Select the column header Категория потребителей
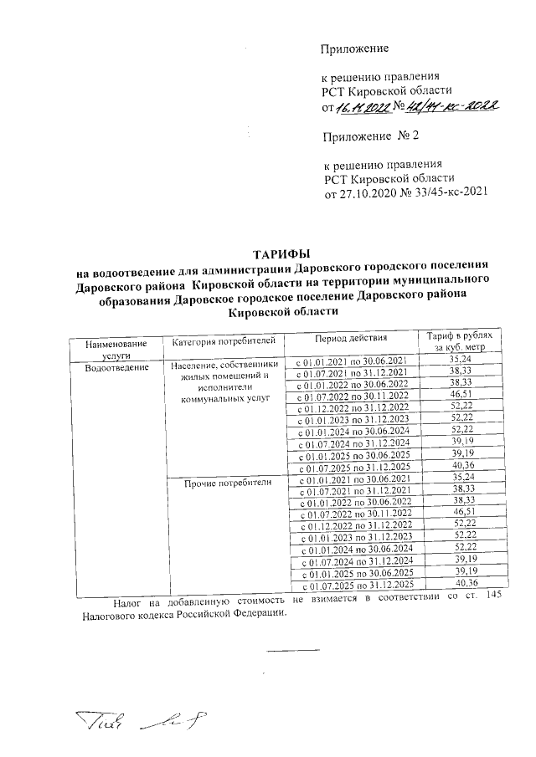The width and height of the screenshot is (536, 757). click(x=224, y=342)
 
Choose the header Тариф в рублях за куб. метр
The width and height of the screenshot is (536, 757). click(x=461, y=341)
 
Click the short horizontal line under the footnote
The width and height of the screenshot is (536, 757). click(x=293, y=650)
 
